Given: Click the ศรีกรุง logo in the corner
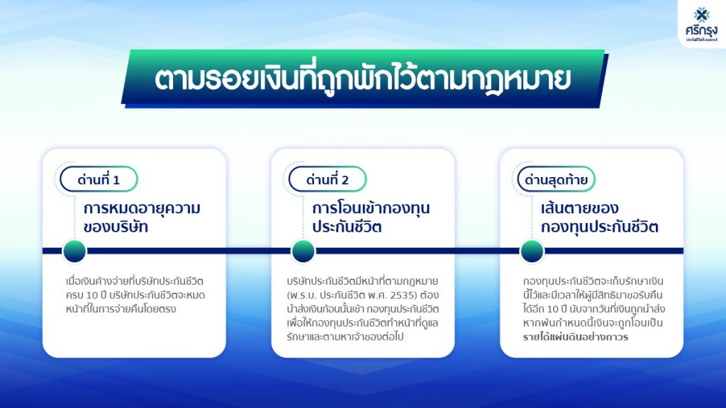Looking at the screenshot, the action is click(x=701, y=25).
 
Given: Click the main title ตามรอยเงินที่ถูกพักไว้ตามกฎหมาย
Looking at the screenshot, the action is click(x=362, y=79).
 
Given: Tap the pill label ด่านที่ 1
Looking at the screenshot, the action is click(x=99, y=179).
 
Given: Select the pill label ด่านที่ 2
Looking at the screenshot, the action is click(x=328, y=179).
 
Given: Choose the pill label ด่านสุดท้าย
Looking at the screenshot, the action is click(x=556, y=179).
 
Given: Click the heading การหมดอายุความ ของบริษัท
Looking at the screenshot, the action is click(x=142, y=217).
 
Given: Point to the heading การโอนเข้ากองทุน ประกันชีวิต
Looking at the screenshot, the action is click(x=371, y=217).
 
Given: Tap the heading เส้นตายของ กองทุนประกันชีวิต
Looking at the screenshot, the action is click(x=600, y=217).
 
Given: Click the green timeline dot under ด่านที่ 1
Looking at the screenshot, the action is click(x=74, y=251).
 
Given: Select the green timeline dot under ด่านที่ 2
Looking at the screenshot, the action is click(x=303, y=251).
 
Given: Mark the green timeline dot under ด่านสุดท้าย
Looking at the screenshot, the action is click(x=532, y=251).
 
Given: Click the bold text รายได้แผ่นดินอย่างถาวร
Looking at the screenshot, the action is click(x=576, y=336).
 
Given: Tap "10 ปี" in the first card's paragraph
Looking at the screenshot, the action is click(x=96, y=295).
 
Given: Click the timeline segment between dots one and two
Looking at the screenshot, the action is click(x=189, y=251).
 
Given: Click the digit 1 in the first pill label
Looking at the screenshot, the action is click(x=116, y=180).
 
